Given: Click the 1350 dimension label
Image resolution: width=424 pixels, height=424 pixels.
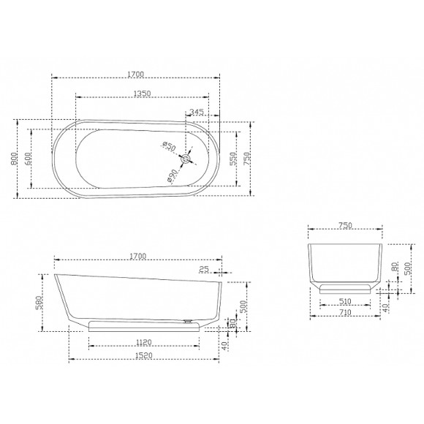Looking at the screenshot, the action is point(143,94).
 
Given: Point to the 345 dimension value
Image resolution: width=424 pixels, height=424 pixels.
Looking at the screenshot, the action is point(197,112).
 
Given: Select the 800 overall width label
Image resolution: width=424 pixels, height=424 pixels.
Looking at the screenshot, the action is point(14,159).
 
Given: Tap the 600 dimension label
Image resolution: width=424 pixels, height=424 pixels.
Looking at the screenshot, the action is point(28,159).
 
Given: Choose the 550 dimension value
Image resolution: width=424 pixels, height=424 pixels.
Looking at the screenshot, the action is point(232,159).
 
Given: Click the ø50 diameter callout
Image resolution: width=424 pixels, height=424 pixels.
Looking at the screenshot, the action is point(170,146).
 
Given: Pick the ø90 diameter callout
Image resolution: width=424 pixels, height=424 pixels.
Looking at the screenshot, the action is point(173,175).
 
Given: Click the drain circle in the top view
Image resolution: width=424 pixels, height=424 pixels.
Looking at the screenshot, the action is point(186,159).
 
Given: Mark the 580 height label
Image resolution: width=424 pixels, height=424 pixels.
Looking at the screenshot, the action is point(39,303).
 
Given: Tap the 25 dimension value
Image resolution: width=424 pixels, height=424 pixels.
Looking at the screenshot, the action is point(204,269).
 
